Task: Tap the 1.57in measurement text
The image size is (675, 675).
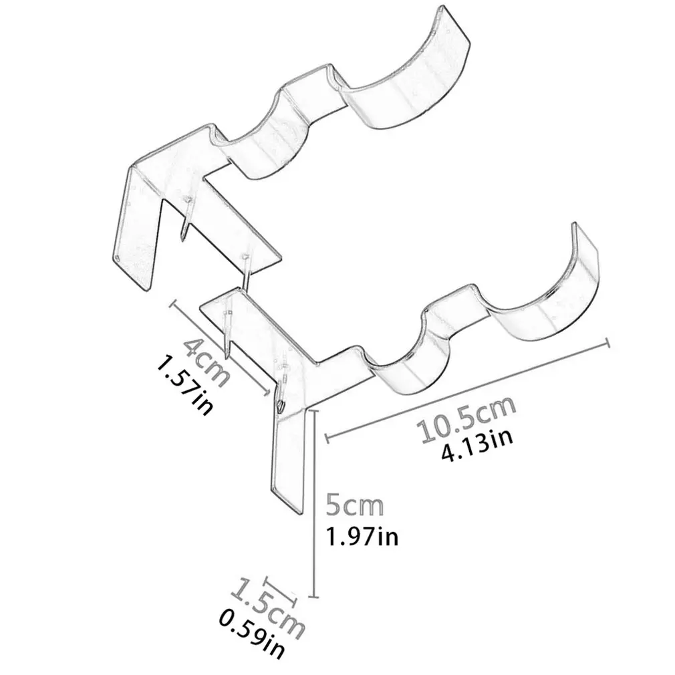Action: pos(185,386)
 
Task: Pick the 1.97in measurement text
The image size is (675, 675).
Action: pos(362,537)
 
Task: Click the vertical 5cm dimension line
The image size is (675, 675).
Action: pos(314,504)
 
